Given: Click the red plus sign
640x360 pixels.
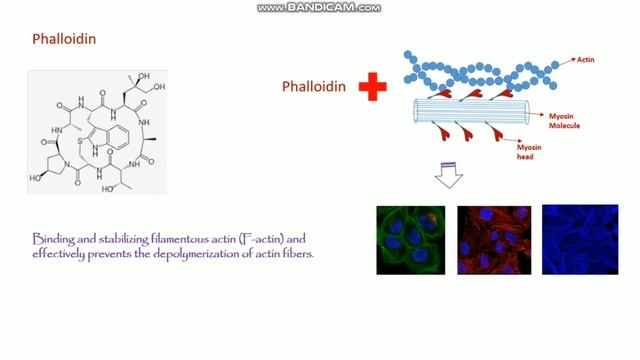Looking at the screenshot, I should (372, 87).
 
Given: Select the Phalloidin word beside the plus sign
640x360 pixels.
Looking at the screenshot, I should (313, 87).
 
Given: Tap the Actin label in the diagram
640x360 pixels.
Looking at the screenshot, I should (587, 61).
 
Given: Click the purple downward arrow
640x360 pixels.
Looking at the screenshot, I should (447, 177).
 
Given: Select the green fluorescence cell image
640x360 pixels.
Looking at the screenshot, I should (410, 239).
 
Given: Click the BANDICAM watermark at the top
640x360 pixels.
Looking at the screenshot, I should (319, 7).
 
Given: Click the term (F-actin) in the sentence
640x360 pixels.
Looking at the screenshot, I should (257, 240).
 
